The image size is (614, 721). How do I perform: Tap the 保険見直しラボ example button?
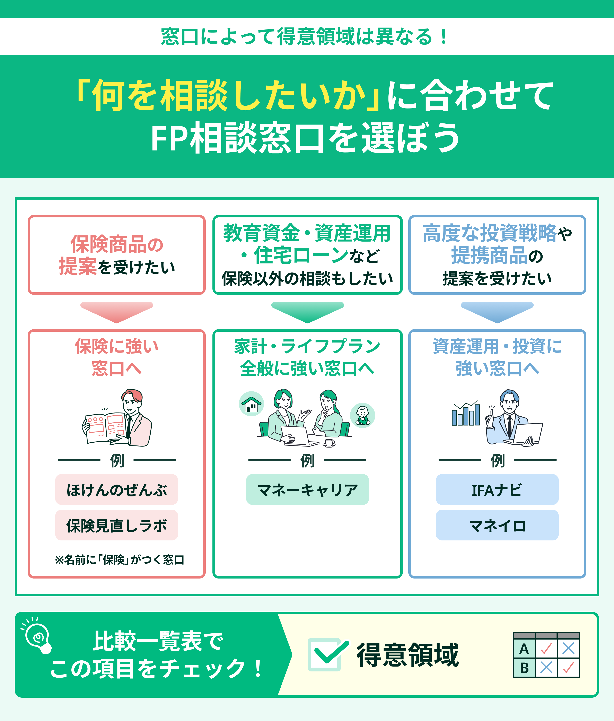point(116,525)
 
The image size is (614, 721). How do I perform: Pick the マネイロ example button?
point(497,525)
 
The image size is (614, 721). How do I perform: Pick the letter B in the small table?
point(524,668)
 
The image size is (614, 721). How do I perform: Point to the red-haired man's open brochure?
point(104,428)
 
